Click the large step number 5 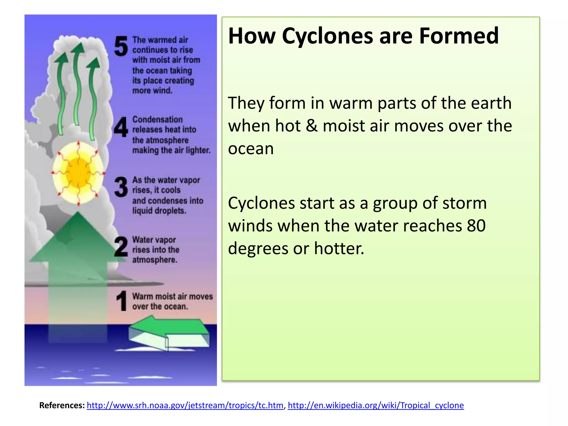(x=121, y=46)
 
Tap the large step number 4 (x=121, y=127)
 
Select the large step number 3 (x=121, y=187)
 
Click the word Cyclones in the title (x=328, y=36)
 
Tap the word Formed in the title (x=459, y=36)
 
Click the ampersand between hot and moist (x=311, y=126)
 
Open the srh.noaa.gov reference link (x=185, y=405)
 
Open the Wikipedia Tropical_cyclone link (x=376, y=405)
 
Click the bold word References (x=62, y=405)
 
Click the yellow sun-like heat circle (x=78, y=173)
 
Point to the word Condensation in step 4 (x=157, y=120)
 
